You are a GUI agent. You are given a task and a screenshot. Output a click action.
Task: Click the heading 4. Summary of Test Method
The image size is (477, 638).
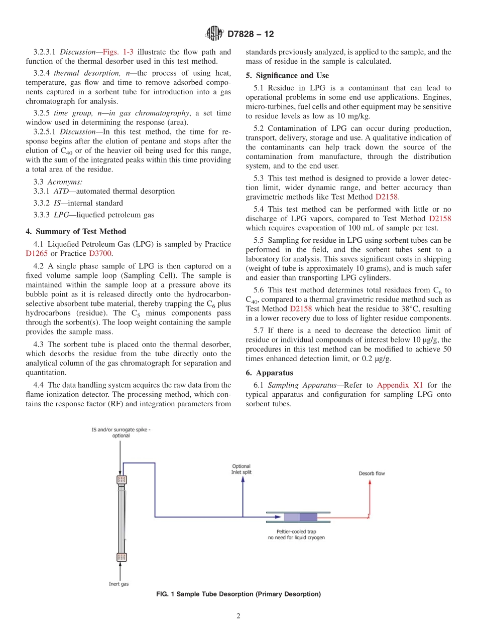click(76, 231)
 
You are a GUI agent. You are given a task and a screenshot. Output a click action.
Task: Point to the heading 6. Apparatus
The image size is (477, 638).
click(270, 373)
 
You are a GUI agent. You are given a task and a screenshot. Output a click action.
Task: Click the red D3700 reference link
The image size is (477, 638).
click(99, 253)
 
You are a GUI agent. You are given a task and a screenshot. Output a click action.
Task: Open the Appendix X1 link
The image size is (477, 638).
click(400, 385)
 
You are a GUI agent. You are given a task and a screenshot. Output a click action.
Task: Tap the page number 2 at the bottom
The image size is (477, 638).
click(238, 616)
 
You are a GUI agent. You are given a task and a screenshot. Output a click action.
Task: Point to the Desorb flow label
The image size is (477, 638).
click(372, 473)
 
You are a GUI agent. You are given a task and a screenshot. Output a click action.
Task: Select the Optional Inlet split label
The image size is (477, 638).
click(242, 469)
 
